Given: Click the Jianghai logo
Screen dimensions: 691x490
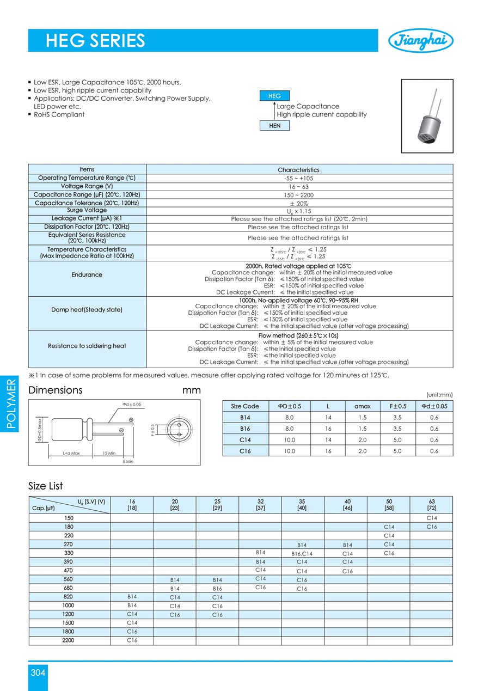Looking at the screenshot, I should (x=420, y=40).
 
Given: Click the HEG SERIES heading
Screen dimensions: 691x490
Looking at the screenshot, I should (x=95, y=41).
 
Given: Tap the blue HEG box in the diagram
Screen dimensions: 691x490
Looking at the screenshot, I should (x=275, y=96).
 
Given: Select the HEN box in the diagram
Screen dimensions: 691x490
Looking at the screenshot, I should (x=275, y=125).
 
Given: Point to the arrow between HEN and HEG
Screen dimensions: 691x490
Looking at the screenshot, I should (x=274, y=111).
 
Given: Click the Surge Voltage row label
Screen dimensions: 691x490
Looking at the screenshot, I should (x=87, y=210).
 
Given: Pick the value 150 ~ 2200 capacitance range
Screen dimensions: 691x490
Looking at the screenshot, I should (x=299, y=195).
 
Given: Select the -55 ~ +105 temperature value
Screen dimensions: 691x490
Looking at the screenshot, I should (x=299, y=178).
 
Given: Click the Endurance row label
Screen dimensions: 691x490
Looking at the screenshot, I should (x=87, y=275).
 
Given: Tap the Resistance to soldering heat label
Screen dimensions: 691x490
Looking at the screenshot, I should (x=87, y=346).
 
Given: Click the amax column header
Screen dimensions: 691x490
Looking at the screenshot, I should (x=363, y=406).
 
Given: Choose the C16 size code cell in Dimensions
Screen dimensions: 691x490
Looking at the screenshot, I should (x=245, y=451).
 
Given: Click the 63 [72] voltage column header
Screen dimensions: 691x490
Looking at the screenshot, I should (x=431, y=505).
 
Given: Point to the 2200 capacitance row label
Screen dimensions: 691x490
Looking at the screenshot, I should (x=69, y=640).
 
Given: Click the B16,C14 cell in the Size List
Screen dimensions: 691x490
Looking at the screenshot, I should (x=302, y=553).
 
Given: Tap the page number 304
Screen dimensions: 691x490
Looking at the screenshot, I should (x=38, y=672).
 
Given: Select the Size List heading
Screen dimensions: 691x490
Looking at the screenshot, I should (x=46, y=486).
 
